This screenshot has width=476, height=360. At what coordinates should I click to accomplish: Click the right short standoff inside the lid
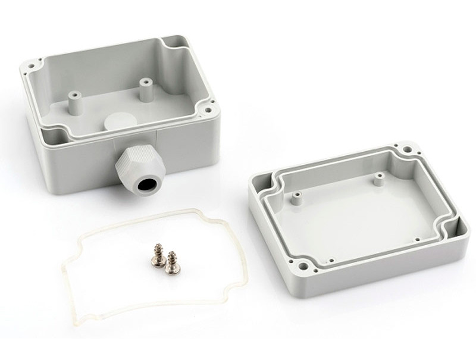[x=377, y=177]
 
